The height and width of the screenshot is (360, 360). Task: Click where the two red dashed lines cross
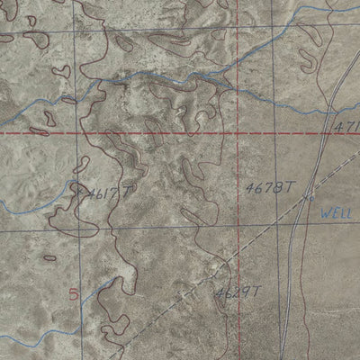pyautogui.click(x=238, y=133)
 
